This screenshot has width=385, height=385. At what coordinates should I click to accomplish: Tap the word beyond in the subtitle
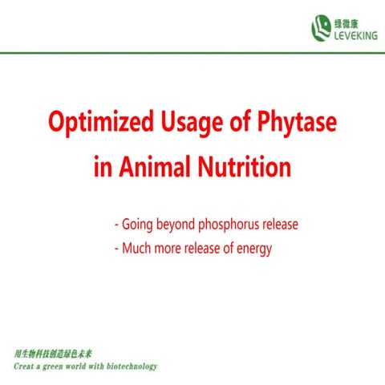(x=175, y=225)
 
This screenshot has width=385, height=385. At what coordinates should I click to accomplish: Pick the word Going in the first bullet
(x=139, y=225)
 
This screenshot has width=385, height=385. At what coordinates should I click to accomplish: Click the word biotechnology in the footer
(x=130, y=366)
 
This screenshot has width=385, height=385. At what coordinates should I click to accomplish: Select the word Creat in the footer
(x=29, y=366)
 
